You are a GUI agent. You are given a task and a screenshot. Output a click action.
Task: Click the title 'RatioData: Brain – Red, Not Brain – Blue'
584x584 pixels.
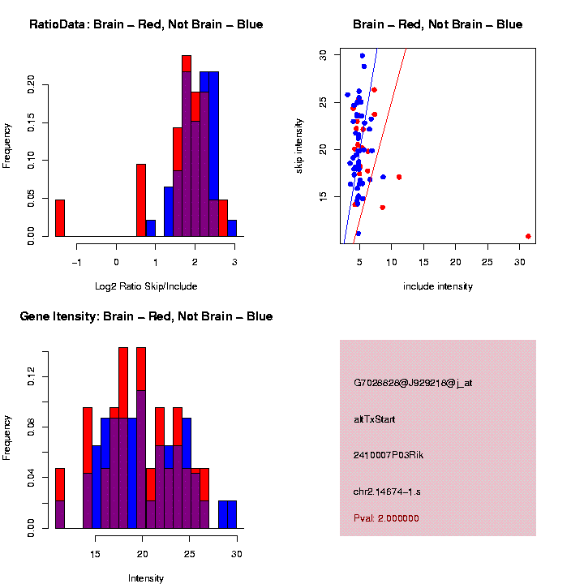coord(146,24)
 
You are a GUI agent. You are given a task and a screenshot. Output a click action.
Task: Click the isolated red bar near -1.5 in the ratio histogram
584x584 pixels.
coord(60,217)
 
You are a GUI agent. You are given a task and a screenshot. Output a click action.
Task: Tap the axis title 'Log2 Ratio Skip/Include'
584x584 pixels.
coord(146,286)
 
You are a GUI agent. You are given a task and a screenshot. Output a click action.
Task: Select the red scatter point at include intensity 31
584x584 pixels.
coord(528,236)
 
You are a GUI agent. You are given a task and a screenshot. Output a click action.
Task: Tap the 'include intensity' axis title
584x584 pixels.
coord(437,286)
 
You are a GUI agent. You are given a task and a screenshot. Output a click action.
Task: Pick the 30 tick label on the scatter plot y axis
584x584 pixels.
coord(322,54)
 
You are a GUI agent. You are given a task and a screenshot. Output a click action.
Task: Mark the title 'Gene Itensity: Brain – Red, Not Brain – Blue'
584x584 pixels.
coord(146,316)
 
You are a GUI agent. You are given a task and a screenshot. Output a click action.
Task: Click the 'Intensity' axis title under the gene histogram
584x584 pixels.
coord(146,578)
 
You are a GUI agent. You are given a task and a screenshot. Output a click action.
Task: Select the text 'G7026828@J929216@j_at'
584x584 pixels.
coord(413,383)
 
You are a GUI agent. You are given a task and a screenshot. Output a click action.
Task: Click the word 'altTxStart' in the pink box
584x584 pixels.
coord(375,419)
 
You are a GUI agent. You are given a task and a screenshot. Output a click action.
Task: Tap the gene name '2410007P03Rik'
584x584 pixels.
coord(389,455)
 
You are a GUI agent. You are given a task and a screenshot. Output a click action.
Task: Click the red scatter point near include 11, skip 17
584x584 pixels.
coord(399,177)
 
